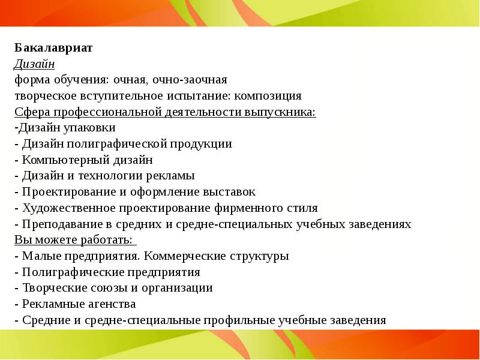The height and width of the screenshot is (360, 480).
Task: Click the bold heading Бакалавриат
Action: pos(53,49)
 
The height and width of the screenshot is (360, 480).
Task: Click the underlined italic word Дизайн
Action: pos(35,64)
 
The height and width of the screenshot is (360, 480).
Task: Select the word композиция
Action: pos(268,96)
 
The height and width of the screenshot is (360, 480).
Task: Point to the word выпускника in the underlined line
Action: pos(282,112)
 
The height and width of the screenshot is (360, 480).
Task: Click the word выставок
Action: pos(230,192)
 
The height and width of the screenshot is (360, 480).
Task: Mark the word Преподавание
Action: pos(59,224)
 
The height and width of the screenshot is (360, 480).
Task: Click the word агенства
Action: pos(111,304)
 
